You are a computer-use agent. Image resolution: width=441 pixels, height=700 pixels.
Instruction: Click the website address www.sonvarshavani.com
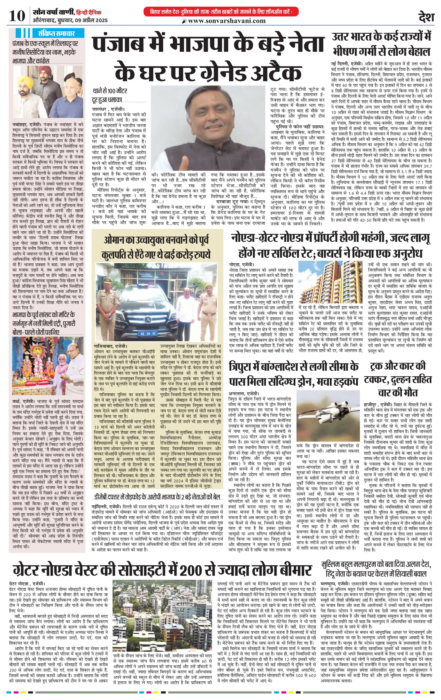(227, 21)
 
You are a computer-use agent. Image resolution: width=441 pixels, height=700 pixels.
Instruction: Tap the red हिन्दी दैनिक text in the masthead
(89, 13)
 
